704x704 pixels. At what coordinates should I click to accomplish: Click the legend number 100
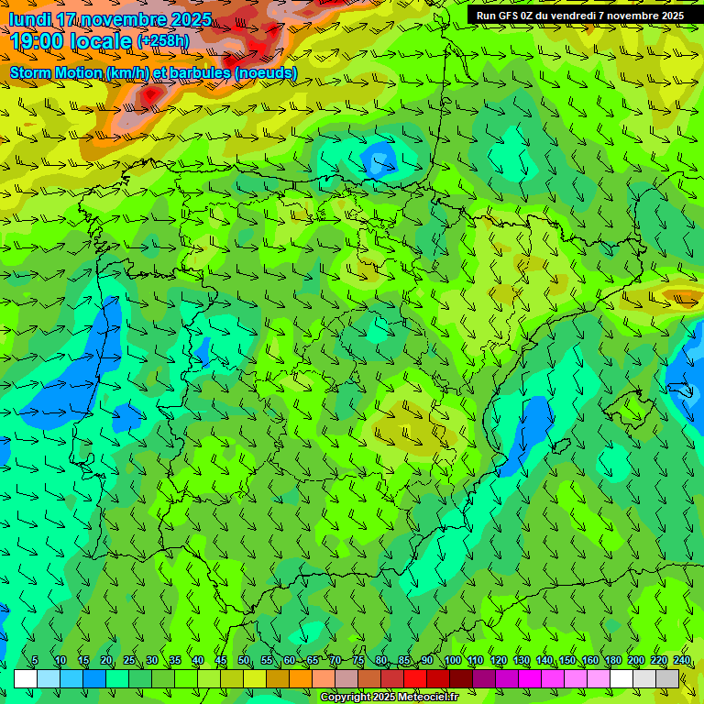pyautogui.click(x=452, y=660)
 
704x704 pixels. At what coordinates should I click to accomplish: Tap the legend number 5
pyautogui.click(x=35, y=660)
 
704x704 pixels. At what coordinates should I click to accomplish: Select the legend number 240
pyautogui.click(x=682, y=660)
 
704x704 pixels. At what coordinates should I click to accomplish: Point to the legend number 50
pyautogui.click(x=244, y=660)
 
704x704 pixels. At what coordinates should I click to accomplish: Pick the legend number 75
pyautogui.click(x=358, y=660)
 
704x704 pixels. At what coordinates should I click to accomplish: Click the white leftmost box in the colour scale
pyautogui.click(x=25, y=678)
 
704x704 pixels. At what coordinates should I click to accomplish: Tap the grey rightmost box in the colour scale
pyautogui.click(x=667, y=678)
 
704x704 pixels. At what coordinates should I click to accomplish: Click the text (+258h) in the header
pyautogui.click(x=164, y=41)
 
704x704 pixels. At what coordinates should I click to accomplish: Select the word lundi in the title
pyautogui.click(x=30, y=19)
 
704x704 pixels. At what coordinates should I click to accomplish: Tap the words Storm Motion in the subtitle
pyautogui.click(x=56, y=72)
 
